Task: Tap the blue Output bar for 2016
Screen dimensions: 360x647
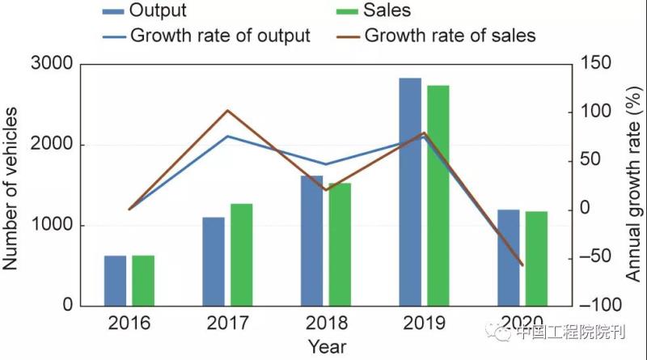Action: pyautogui.click(x=115, y=281)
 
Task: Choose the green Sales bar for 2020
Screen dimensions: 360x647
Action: pyautogui.click(x=536, y=259)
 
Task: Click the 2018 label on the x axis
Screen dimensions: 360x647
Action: pyautogui.click(x=326, y=324)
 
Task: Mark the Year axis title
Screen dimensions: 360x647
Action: pyautogui.click(x=327, y=347)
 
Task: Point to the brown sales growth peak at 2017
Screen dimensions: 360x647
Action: pyautogui.click(x=228, y=110)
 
